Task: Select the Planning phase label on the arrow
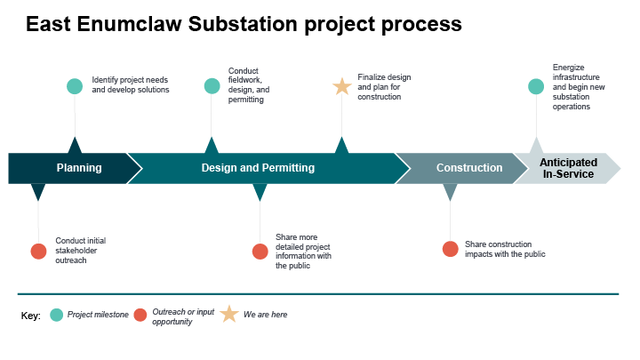[x=79, y=168]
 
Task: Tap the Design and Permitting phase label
[x=258, y=168]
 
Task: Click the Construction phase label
[x=468, y=168]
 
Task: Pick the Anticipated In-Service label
[x=568, y=168]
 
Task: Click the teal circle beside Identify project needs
[x=75, y=86]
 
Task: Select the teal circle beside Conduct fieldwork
[x=212, y=86]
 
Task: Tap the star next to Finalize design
[x=341, y=86]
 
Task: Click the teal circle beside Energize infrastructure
[x=535, y=86]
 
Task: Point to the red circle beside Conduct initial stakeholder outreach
[x=38, y=251]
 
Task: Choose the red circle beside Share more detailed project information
[x=260, y=251]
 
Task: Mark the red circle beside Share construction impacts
[x=451, y=249]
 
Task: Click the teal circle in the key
[x=57, y=315]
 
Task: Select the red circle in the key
[x=140, y=315]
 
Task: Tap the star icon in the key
[x=229, y=314]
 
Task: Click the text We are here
[x=265, y=315]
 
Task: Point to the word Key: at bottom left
[x=30, y=316]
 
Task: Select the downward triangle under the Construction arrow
[x=450, y=191]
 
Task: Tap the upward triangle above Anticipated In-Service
[x=535, y=146]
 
